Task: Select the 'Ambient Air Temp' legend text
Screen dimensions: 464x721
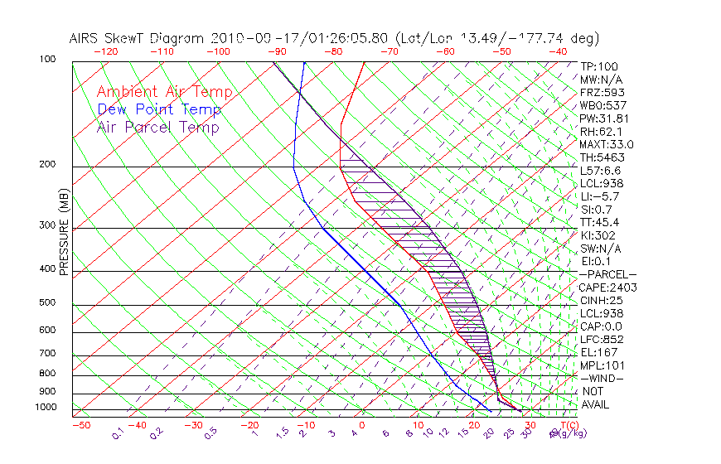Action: (x=164, y=92)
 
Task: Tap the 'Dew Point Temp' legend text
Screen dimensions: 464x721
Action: (x=159, y=109)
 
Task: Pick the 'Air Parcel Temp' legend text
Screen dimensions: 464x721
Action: (x=157, y=127)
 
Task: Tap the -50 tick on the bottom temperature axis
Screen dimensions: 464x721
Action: (x=80, y=425)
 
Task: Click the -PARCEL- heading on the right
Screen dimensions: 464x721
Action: (x=607, y=274)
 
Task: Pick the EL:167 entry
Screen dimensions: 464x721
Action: (x=598, y=352)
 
